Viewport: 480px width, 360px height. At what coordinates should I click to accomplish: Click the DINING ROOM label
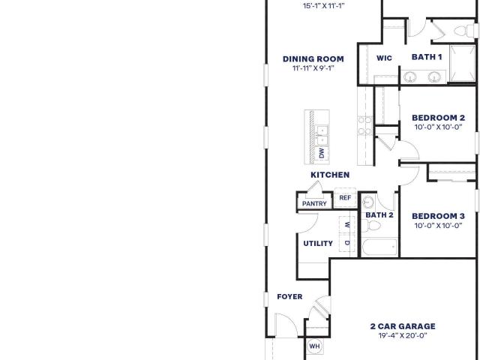pos(313,58)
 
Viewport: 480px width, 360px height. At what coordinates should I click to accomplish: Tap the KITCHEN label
pos(330,175)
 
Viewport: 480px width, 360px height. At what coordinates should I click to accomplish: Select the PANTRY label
pos(314,203)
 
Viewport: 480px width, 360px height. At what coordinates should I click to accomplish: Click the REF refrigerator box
pos(345,198)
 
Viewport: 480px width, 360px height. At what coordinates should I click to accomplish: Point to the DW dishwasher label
pos(322,153)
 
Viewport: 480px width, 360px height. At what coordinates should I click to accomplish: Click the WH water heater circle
pos(314,346)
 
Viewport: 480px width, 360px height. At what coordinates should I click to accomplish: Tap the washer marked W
pos(347,225)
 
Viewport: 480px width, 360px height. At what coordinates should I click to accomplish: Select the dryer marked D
pos(347,243)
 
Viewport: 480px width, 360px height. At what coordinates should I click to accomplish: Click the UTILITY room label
pos(318,243)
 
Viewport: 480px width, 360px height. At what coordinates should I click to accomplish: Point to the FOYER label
pos(289,297)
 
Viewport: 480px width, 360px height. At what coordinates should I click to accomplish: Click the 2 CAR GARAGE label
pos(403,326)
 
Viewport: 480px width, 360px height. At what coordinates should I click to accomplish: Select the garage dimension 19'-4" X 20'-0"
pos(403,335)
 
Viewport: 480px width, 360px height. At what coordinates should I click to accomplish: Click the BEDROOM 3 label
pos(438,216)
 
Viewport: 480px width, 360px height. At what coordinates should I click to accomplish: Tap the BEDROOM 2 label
pos(438,118)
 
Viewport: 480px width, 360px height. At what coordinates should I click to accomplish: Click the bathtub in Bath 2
pos(380,247)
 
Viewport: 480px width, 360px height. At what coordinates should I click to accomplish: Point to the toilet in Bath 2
pos(371,226)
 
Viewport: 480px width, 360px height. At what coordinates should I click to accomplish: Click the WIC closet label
pos(384,58)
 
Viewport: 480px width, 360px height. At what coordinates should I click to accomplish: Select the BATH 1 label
pos(427,57)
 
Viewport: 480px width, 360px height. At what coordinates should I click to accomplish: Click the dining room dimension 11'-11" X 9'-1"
pos(313,68)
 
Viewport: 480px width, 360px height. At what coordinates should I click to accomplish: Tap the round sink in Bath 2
pos(368,202)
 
